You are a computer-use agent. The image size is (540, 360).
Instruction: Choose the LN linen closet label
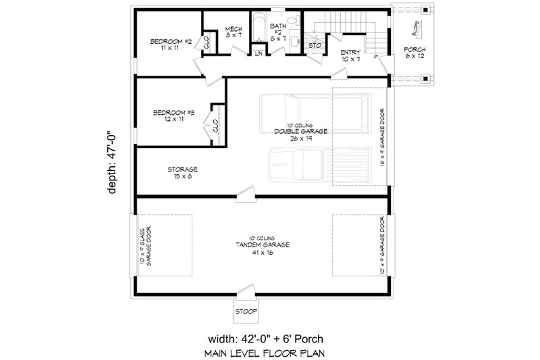tap(259, 54)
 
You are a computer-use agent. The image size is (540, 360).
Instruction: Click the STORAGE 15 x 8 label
tap(182, 173)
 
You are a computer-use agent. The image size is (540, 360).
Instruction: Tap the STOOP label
tap(244, 313)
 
